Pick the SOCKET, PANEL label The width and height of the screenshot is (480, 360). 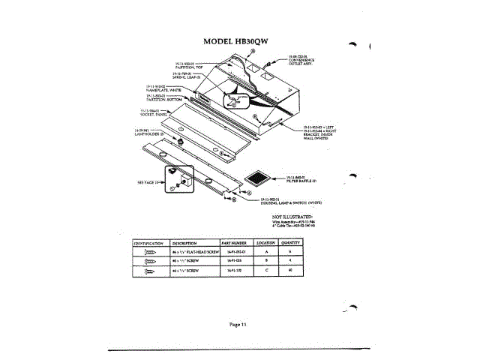(154, 112)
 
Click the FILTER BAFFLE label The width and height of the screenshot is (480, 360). (304, 180)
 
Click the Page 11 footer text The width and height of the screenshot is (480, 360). (239, 323)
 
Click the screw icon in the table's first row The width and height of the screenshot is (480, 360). (149, 253)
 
